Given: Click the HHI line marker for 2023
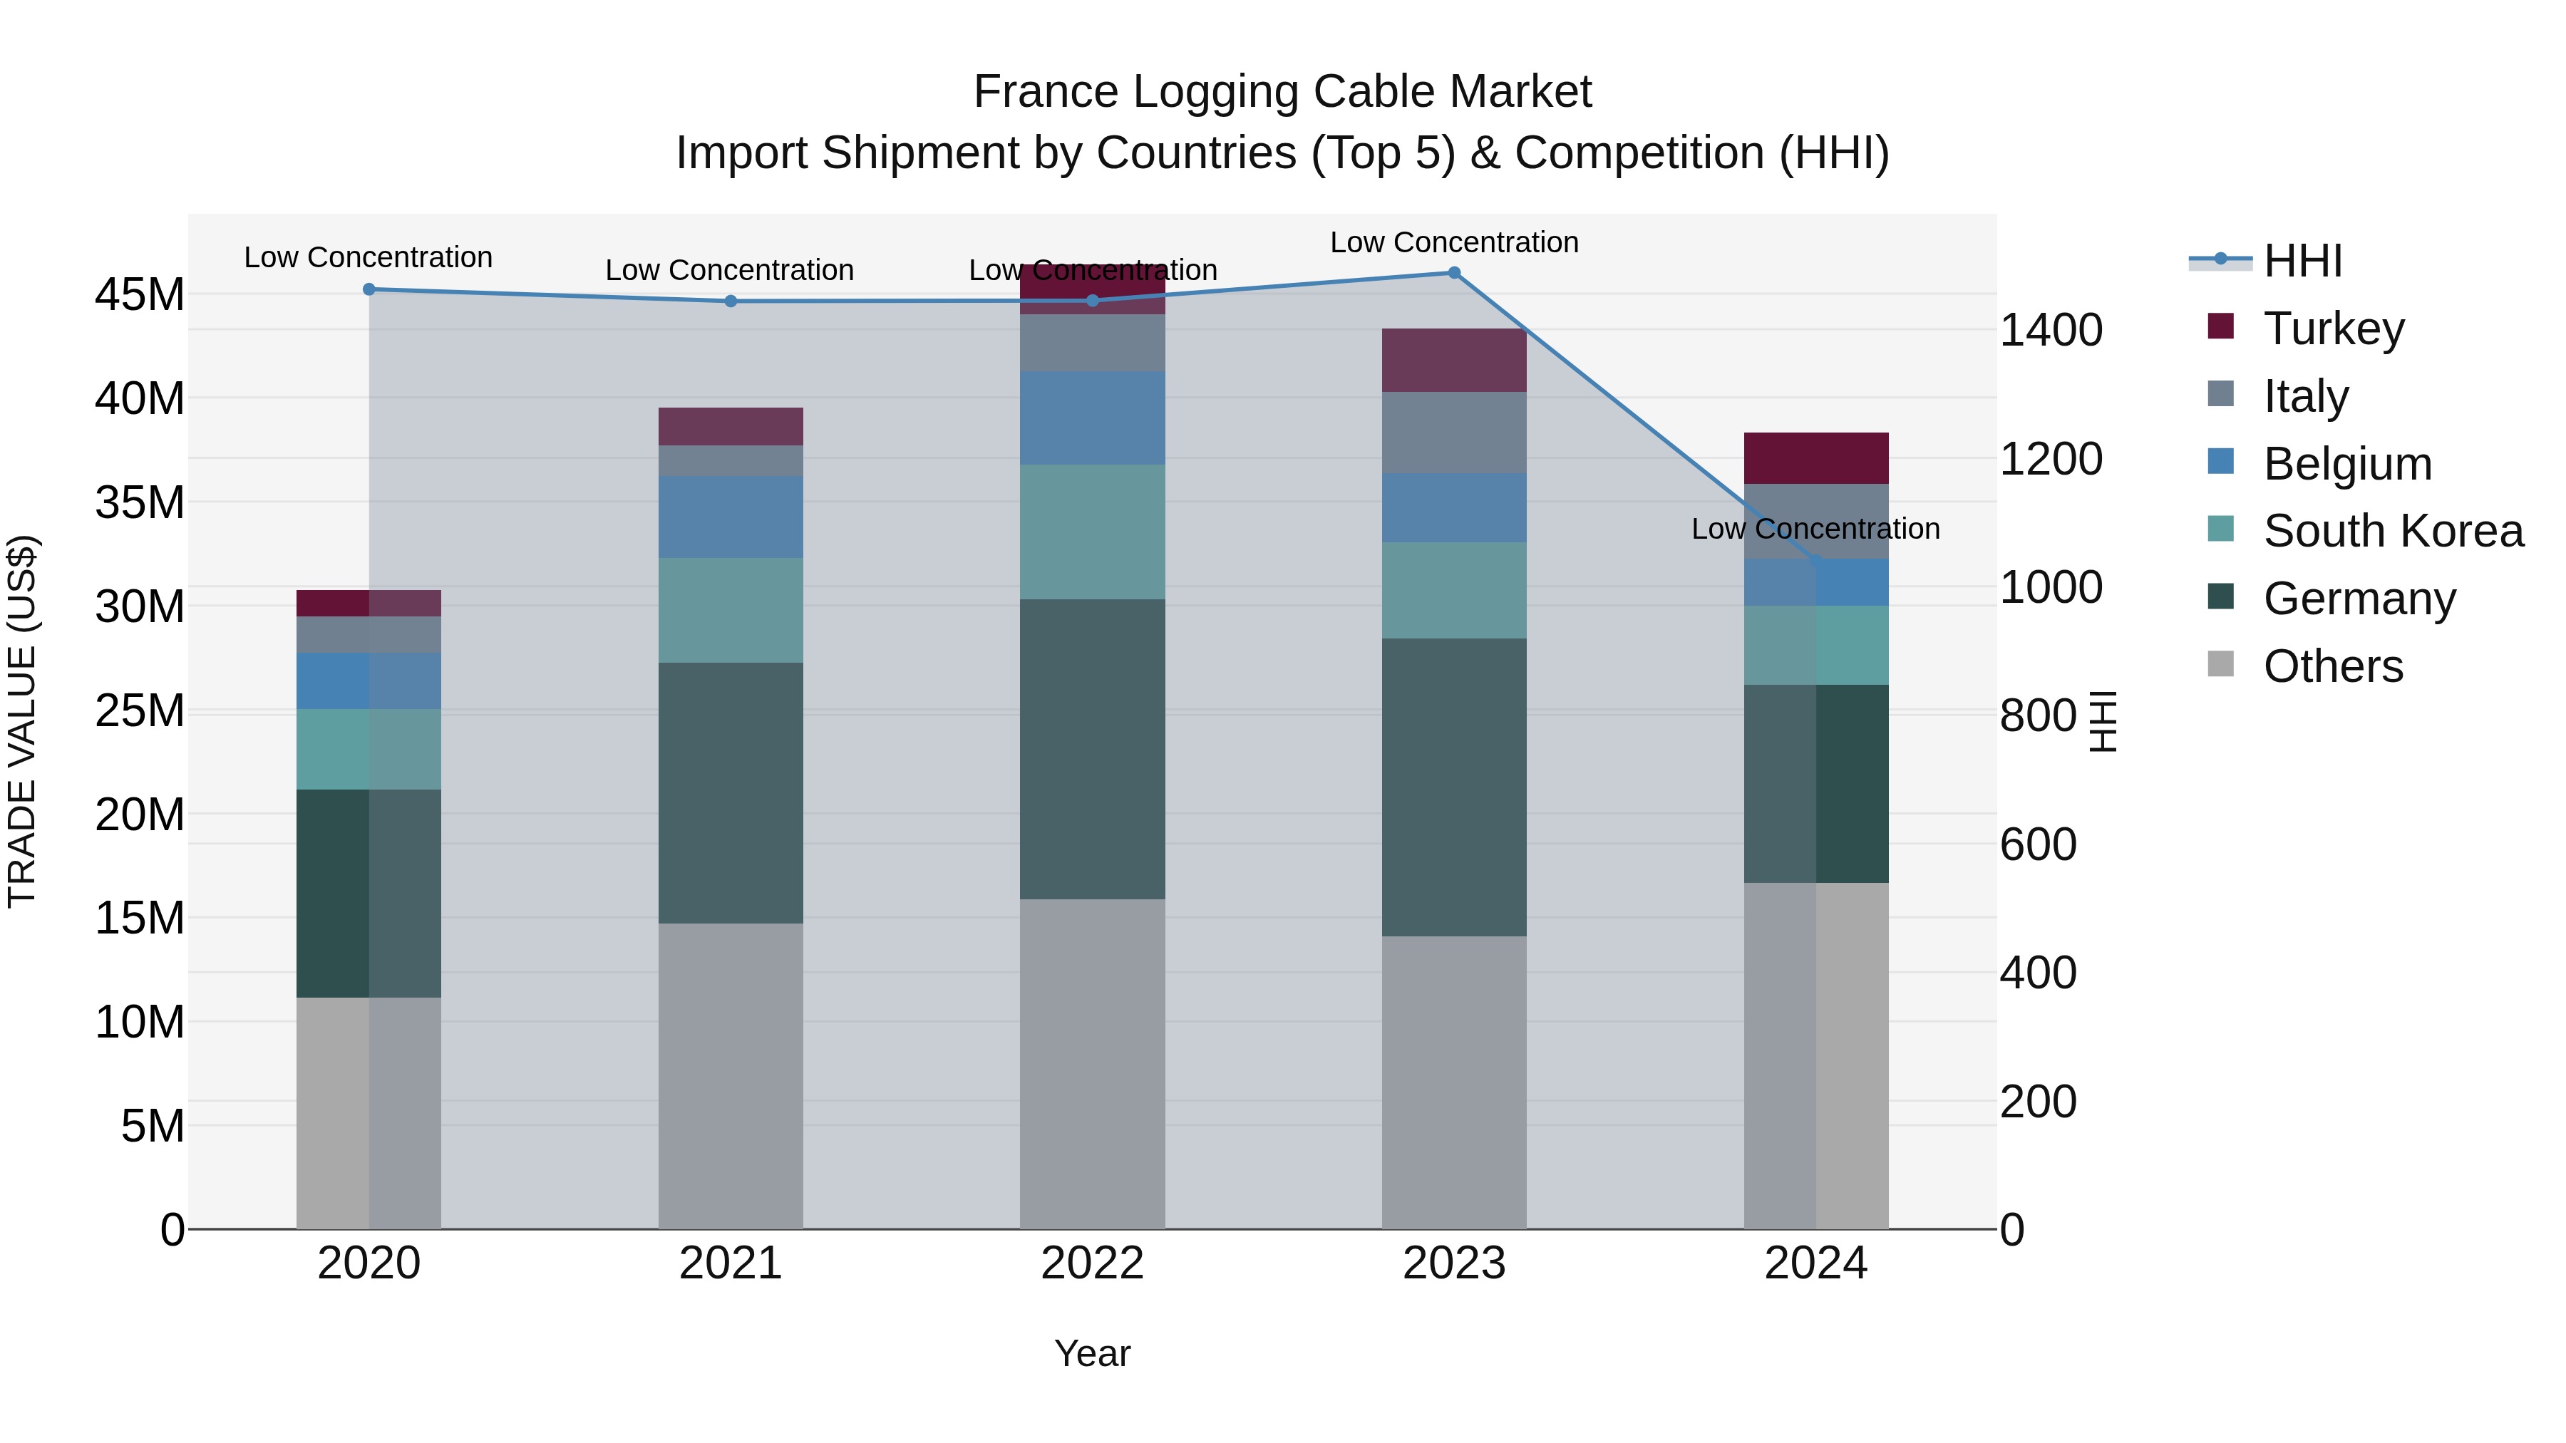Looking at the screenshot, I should click(1453, 273).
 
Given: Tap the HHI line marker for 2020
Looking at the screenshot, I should click(369, 290).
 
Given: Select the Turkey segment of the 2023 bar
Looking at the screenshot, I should click(1453, 360).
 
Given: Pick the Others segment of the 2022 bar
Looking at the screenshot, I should click(1092, 1064).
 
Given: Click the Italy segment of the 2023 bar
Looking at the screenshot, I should click(1453, 433).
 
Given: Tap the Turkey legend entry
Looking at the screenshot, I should click(2333, 328).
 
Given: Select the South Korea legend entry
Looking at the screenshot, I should click(2393, 531).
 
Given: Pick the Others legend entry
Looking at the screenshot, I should click(2332, 666).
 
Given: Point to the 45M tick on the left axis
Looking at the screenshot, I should click(140, 295).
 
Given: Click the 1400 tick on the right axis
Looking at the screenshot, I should click(2051, 330).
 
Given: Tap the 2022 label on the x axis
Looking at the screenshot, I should click(1092, 1263).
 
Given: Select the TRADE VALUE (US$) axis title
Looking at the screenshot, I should click(22, 721).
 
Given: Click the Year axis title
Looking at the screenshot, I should click(1092, 1353).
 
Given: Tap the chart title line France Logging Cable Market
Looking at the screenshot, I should click(1282, 92).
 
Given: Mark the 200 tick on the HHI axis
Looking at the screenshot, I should click(2038, 1102).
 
